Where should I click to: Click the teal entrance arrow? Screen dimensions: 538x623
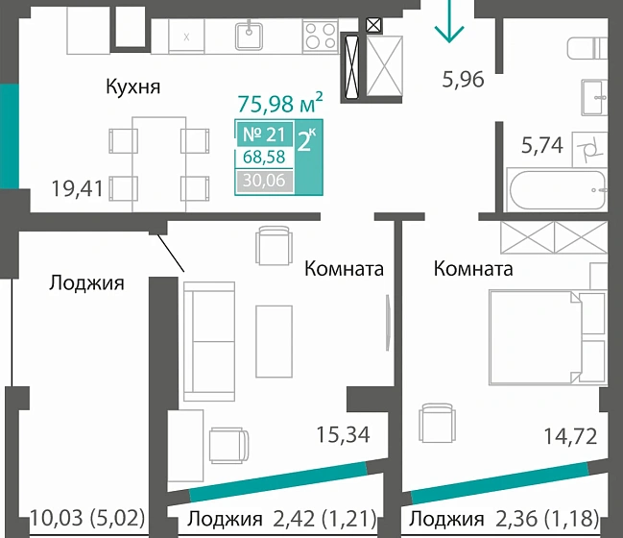448,23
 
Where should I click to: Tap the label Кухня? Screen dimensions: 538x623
132,87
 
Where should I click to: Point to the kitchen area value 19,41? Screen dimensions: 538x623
77,188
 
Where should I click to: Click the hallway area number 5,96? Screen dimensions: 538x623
463,79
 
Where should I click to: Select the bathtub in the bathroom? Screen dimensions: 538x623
557,190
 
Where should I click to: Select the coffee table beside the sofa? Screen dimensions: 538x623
275,332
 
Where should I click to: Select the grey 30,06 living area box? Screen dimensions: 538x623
264,180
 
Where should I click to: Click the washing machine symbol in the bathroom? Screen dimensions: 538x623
587,148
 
